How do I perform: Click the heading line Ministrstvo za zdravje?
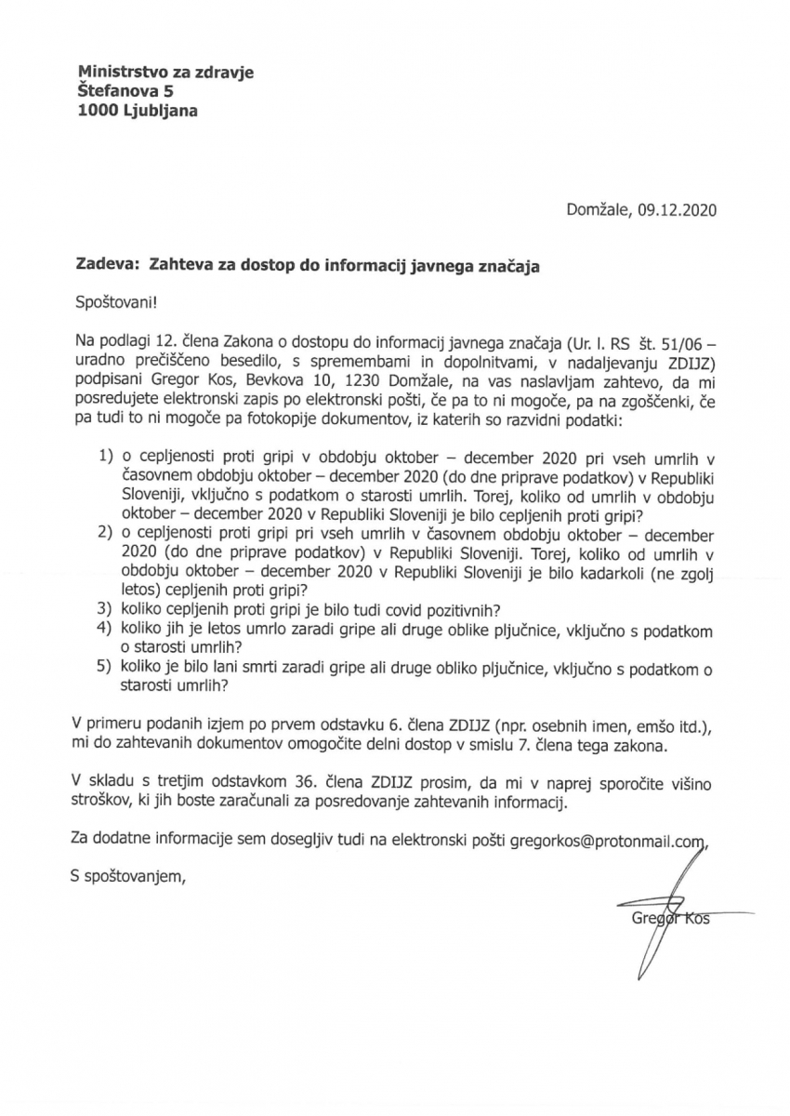coord(165,73)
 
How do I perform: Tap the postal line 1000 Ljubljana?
coord(138,110)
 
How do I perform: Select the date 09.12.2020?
coord(678,210)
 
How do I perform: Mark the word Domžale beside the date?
coord(599,210)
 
